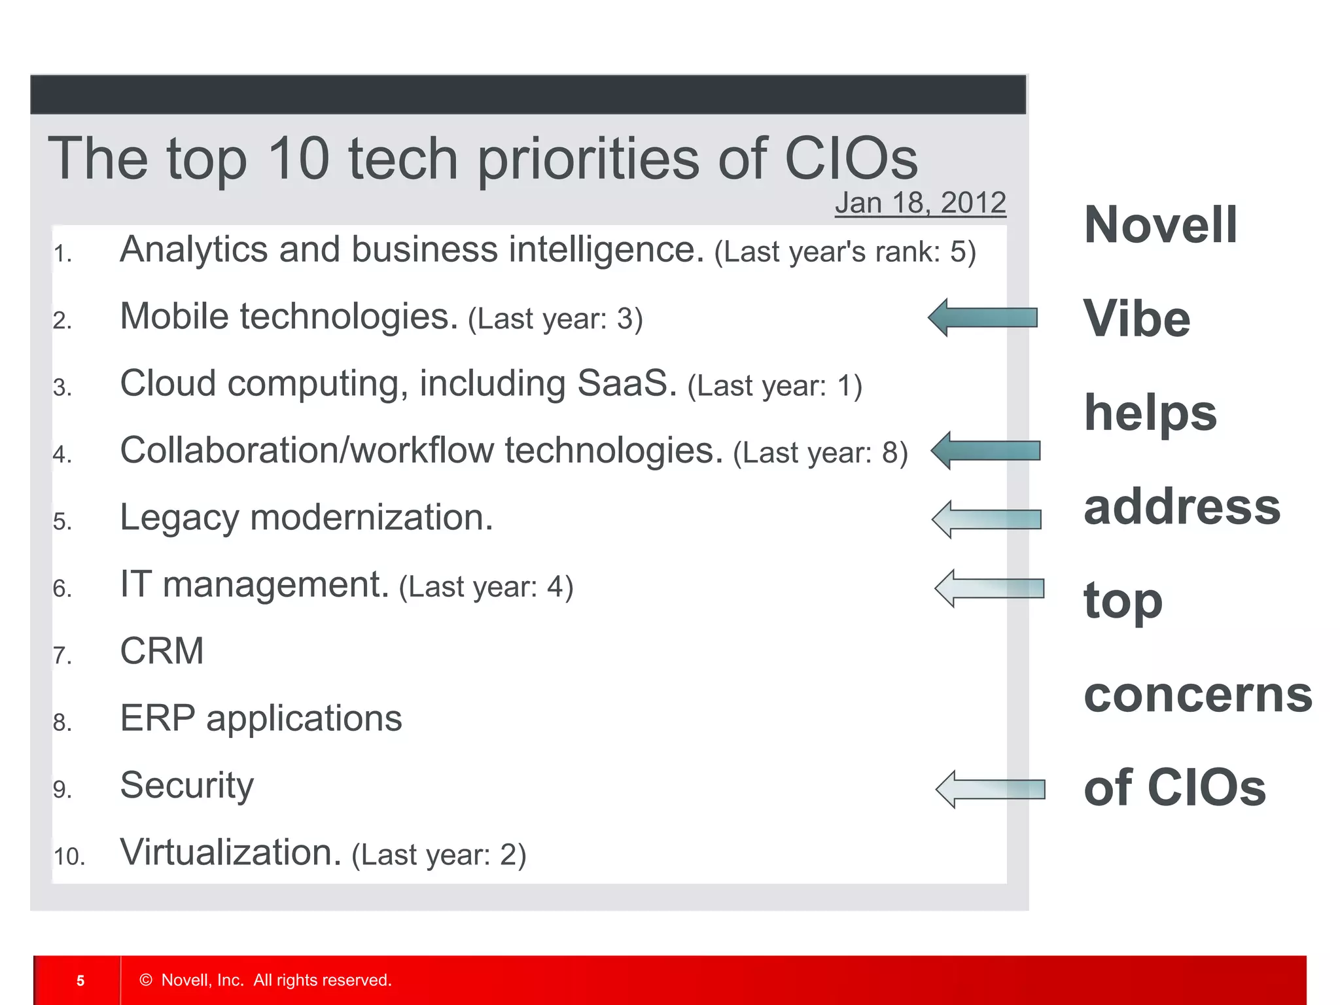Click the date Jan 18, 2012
pyautogui.click(x=920, y=203)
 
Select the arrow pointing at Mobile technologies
pyautogui.click(x=983, y=317)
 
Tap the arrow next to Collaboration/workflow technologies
pyautogui.click(x=985, y=450)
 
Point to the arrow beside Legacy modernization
pyautogui.click(x=987, y=519)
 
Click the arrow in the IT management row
pyautogui.click(x=989, y=588)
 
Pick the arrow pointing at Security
pyautogui.click(x=991, y=789)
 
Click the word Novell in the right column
pyautogui.click(x=1160, y=224)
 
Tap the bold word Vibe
pyautogui.click(x=1137, y=319)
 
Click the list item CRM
pyautogui.click(x=162, y=651)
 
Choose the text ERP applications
pyautogui.click(x=260, y=718)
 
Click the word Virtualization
pyautogui.click(x=231, y=852)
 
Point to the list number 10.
pyautogui.click(x=69, y=856)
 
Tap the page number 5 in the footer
pyautogui.click(x=80, y=980)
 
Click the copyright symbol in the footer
pyautogui.click(x=146, y=979)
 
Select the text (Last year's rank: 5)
pyautogui.click(x=845, y=252)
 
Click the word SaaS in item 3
pyautogui.click(x=626, y=383)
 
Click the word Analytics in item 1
pyautogui.click(x=194, y=250)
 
